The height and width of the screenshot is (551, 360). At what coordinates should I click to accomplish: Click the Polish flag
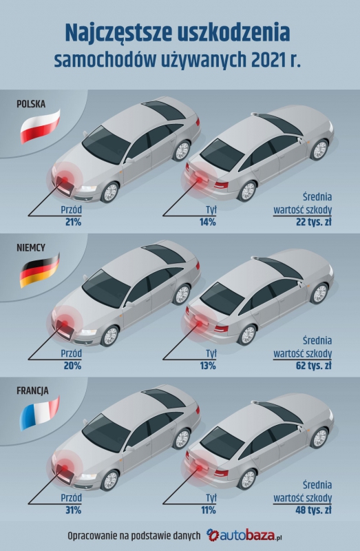point(40,126)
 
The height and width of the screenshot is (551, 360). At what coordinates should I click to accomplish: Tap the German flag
point(40,270)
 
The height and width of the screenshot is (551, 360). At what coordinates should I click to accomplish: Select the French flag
point(40,413)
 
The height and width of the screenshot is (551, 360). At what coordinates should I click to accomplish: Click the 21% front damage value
point(73,222)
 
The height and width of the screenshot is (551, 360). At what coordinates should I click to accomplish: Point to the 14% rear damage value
point(208,222)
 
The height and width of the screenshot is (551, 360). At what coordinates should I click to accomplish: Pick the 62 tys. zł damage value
point(314,366)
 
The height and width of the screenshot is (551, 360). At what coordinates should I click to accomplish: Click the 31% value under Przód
point(74,510)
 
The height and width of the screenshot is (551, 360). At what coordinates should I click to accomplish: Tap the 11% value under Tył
point(209,510)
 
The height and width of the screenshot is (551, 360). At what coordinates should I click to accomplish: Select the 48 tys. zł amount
point(314,510)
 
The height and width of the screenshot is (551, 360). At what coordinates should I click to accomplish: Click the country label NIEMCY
point(31,248)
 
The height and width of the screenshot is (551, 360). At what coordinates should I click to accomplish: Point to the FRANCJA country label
point(32,391)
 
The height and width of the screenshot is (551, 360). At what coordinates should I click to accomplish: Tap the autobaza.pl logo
point(244,536)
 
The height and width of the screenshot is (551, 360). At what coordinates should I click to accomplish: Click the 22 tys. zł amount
point(314,222)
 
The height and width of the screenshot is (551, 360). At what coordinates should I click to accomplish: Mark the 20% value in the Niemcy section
point(73,366)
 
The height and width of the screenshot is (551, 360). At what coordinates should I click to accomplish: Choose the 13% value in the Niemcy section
point(208,366)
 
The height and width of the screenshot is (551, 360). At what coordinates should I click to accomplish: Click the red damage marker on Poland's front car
point(65,180)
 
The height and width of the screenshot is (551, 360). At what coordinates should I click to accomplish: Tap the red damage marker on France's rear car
point(200,468)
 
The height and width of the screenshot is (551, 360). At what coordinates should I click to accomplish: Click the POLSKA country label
point(31,104)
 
